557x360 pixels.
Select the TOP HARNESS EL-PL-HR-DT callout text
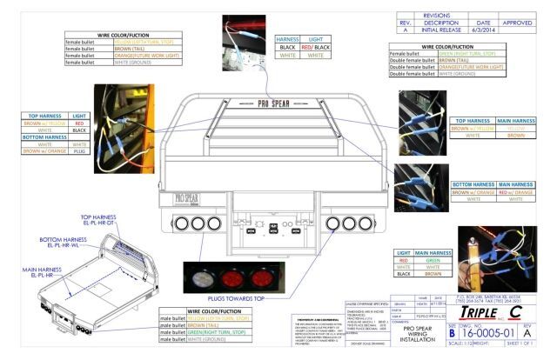[x=103, y=221]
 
